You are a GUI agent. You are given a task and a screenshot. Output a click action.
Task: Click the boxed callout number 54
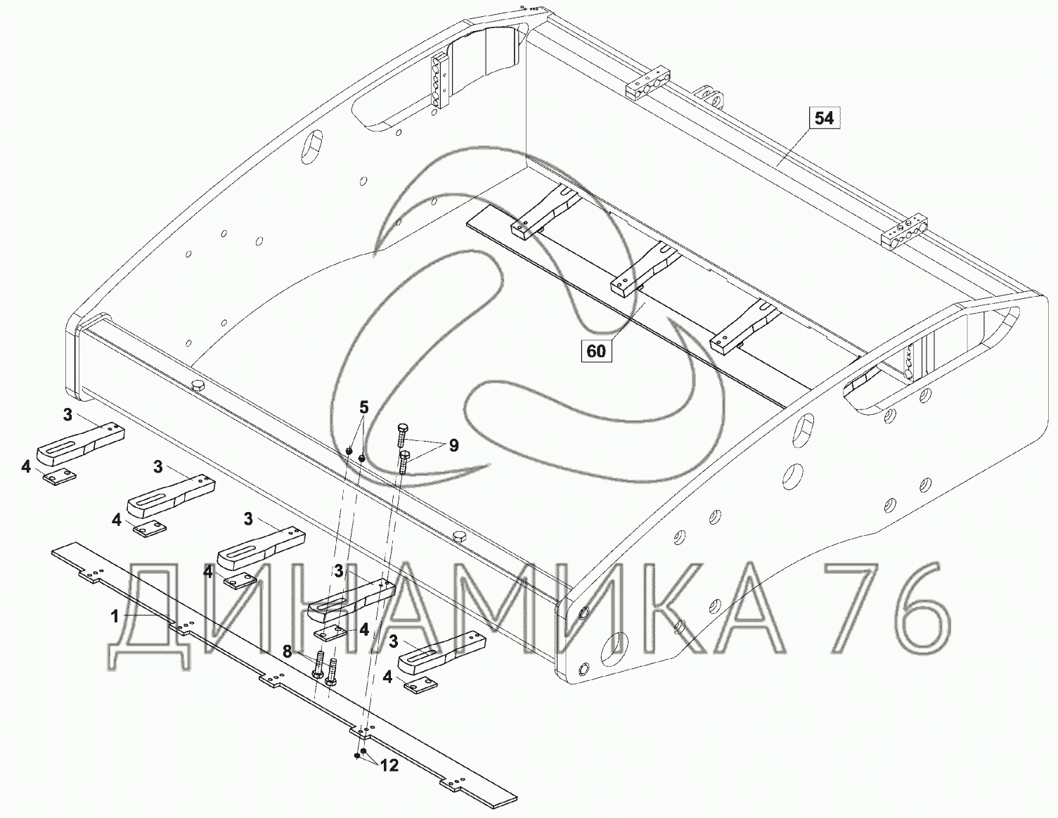click(824, 118)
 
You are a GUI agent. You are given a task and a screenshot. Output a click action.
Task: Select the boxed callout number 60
click(596, 351)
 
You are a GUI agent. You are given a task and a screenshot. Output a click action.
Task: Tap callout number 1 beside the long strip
click(115, 617)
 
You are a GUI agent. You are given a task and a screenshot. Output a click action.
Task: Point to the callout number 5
click(364, 407)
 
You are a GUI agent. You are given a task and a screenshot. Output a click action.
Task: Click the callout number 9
click(453, 445)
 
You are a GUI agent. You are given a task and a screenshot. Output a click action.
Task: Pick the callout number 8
click(288, 651)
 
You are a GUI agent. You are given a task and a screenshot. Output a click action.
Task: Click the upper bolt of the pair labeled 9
click(401, 434)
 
